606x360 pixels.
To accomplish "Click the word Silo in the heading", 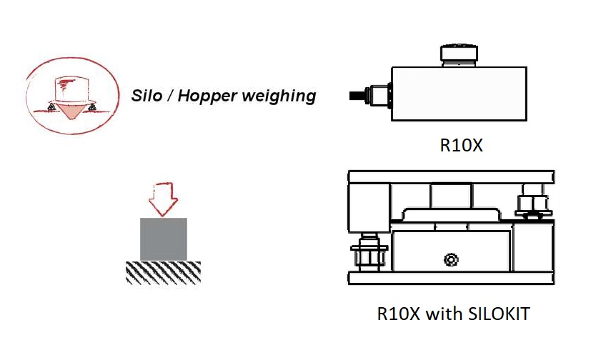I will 146,96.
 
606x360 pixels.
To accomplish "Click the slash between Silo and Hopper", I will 168,96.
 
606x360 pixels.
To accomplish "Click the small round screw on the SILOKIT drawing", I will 449,258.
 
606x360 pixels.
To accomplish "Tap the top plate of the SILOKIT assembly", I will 451,176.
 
